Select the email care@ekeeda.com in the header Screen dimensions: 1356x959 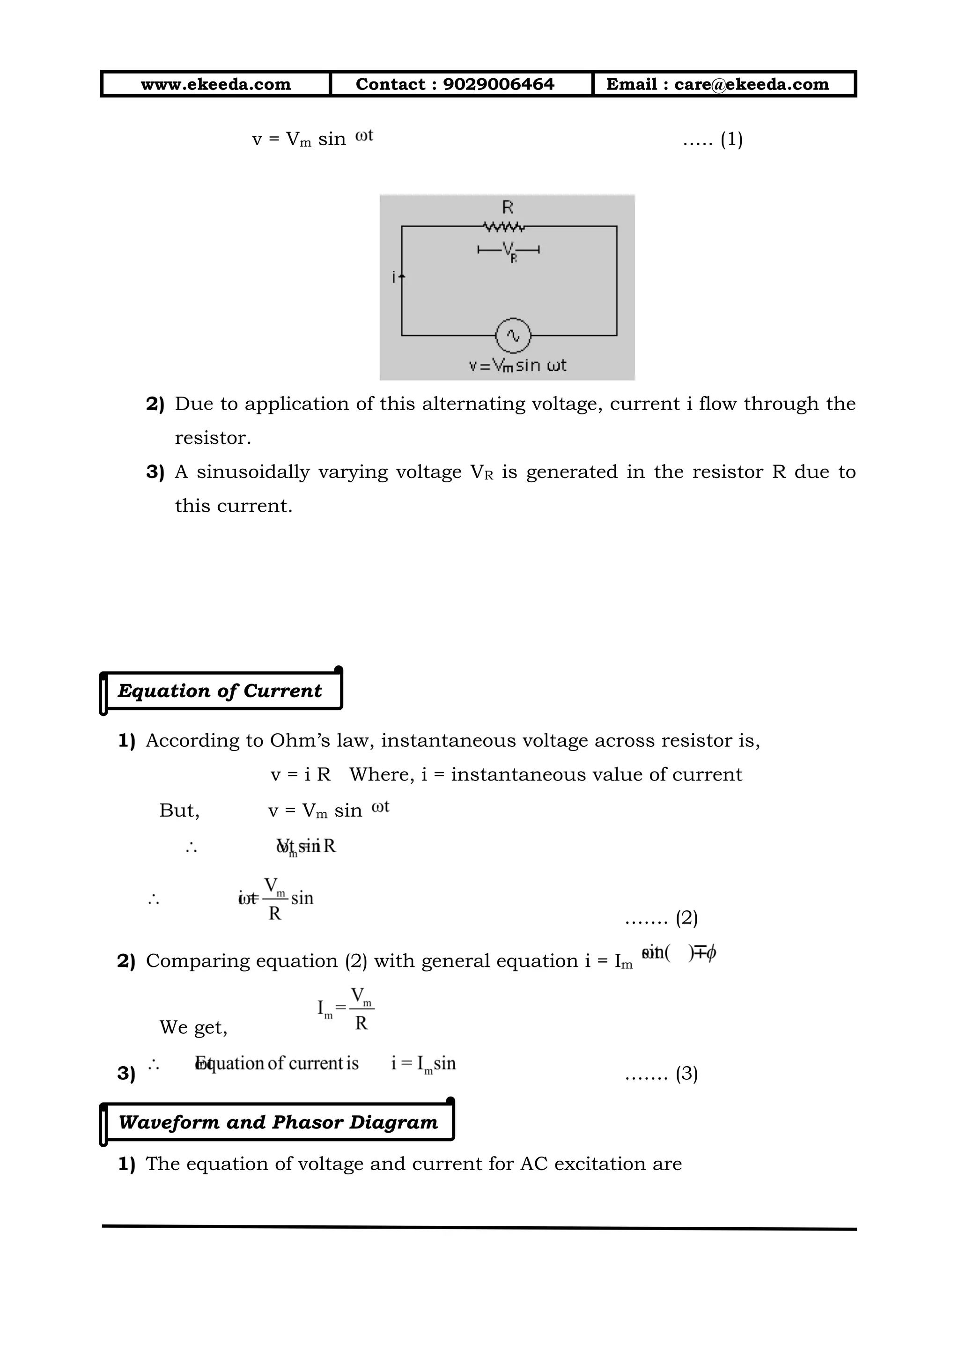click(x=751, y=84)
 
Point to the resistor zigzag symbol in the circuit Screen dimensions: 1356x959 click(x=503, y=226)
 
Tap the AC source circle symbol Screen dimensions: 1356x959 click(x=513, y=335)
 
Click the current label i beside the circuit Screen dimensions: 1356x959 click(x=394, y=276)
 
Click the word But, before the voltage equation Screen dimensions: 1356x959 click(x=179, y=811)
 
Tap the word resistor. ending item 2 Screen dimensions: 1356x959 click(x=213, y=438)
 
